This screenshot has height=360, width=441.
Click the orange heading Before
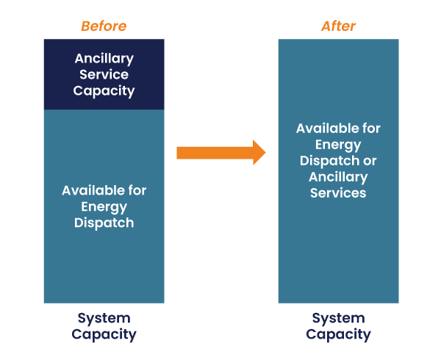click(x=104, y=26)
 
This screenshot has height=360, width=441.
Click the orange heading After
click(x=338, y=26)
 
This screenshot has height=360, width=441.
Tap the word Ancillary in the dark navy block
click(x=104, y=59)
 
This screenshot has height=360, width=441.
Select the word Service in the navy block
click(x=104, y=74)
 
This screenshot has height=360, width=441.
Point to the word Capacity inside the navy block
click(x=104, y=91)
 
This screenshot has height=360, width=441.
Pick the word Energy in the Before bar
click(x=104, y=207)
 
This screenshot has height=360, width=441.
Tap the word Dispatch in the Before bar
click(x=104, y=223)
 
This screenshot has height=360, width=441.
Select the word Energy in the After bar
click(x=338, y=145)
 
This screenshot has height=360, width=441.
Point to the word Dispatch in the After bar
click(x=329, y=161)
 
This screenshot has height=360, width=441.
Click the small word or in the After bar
click(x=370, y=162)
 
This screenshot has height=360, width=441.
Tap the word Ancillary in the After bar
click(x=338, y=177)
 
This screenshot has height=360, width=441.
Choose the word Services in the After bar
click(x=338, y=193)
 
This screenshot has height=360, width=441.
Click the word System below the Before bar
click(x=104, y=319)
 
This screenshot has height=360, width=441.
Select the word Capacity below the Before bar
click(x=104, y=335)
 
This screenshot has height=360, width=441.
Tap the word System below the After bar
click(x=338, y=319)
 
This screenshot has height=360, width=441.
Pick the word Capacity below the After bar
click(x=338, y=335)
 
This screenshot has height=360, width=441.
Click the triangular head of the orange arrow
click(x=259, y=152)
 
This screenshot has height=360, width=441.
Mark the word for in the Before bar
click(x=137, y=190)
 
